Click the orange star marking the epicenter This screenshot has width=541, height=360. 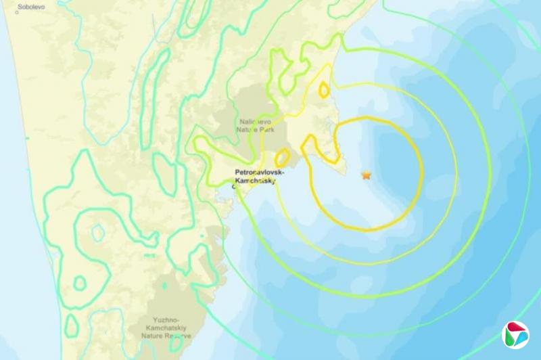pyautogui.click(x=367, y=175)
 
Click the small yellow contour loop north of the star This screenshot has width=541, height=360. pyautogui.click(x=325, y=90)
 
